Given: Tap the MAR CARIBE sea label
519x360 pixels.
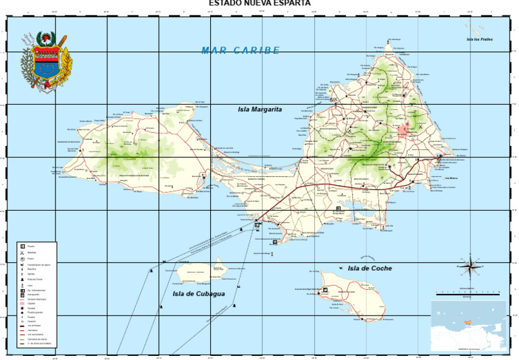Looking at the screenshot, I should (x=241, y=51).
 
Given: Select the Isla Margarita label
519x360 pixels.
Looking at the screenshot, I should (x=259, y=109).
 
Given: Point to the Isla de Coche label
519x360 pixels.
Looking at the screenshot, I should (x=370, y=268).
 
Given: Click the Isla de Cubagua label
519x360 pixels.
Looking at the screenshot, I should (x=197, y=294).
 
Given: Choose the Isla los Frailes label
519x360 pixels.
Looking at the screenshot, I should (x=479, y=39).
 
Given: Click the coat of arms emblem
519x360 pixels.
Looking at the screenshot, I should (x=46, y=62).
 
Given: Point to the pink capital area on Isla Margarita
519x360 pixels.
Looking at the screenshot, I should (x=407, y=130).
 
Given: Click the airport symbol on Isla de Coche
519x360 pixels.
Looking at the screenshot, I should (x=325, y=290).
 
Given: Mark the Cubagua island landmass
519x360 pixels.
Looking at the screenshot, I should (x=201, y=272).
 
